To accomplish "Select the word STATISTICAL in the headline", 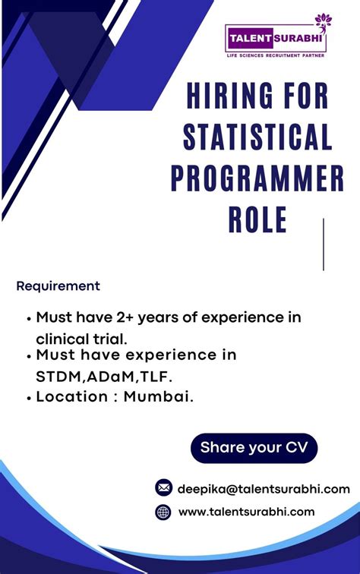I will tap(258, 138).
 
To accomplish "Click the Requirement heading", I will tap(58, 286).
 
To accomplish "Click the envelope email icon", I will tap(163, 487).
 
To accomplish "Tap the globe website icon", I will tap(163, 512).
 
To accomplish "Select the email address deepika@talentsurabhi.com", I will tap(264, 488).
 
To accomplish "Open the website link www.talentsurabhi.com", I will tap(246, 512).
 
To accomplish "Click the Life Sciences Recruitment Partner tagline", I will tap(275, 55).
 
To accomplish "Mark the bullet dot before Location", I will tap(29, 398).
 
